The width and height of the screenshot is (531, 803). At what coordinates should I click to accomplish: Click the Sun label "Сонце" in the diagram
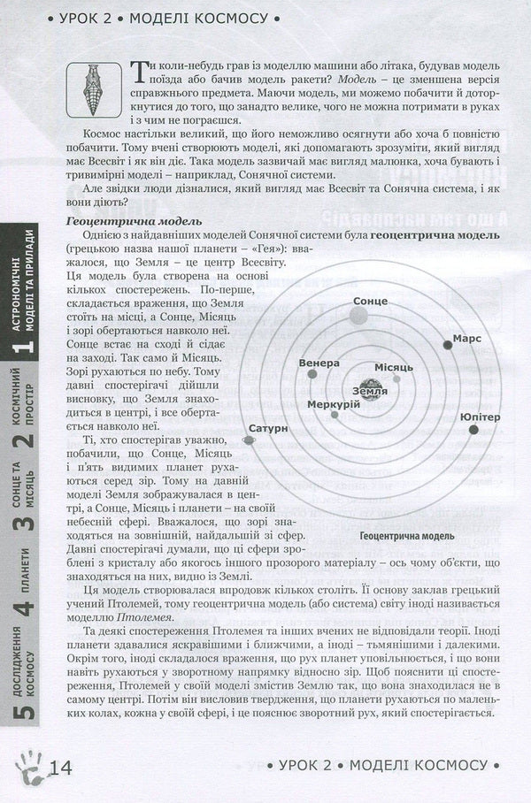click(x=370, y=302)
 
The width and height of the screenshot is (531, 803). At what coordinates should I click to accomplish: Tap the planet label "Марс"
click(x=466, y=339)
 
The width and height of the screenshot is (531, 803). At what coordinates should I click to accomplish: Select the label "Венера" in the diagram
click(x=319, y=363)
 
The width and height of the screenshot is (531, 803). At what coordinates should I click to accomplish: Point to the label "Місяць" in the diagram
click(x=389, y=367)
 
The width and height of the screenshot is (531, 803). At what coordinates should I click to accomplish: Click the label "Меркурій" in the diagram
click(x=334, y=404)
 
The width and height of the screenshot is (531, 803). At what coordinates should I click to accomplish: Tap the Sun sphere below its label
click(x=370, y=320)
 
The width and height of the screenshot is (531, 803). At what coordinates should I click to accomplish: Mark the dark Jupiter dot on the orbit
click(x=474, y=430)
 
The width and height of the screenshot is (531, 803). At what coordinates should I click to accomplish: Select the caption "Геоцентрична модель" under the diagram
click(x=407, y=536)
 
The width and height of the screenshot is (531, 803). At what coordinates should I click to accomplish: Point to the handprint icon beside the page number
click(x=27, y=763)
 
